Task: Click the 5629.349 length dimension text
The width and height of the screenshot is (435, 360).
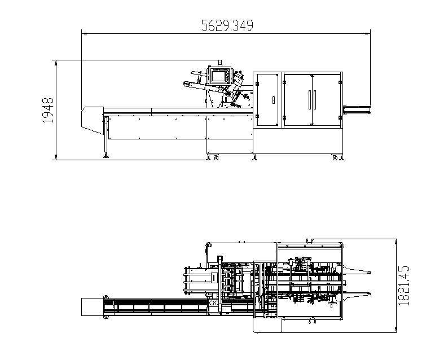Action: pyautogui.click(x=227, y=25)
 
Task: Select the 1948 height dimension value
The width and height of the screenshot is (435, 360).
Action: pyautogui.click(x=49, y=110)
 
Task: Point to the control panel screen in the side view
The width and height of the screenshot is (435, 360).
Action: pyautogui.click(x=217, y=76)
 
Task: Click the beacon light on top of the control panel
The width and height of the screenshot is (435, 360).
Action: pyautogui.click(x=219, y=63)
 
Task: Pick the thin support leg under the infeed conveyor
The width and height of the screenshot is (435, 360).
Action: pyautogui.click(x=106, y=138)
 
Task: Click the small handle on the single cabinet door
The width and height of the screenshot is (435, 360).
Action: pyautogui.click(x=273, y=99)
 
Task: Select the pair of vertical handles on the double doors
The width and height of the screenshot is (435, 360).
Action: pyautogui.click(x=312, y=99)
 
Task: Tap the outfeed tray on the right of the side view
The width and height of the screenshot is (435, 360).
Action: pyautogui.click(x=356, y=107)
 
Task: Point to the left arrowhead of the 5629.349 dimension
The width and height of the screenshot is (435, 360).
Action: pyautogui.click(x=84, y=33)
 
